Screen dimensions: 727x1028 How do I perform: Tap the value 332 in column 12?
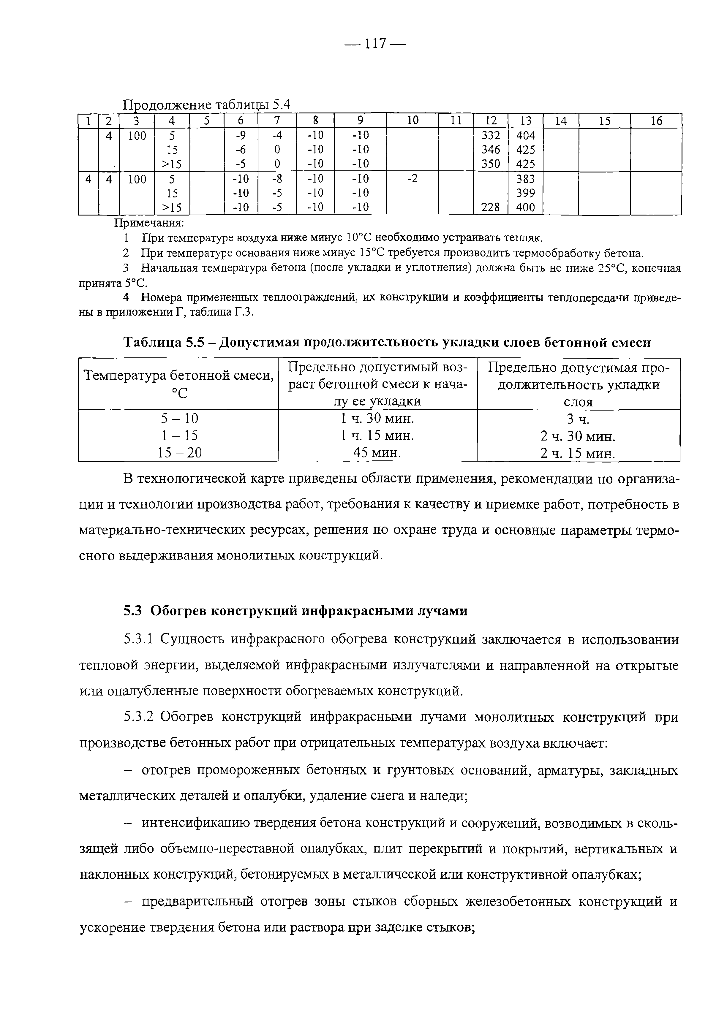tap(491, 135)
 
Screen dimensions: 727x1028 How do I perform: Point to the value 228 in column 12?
tap(491, 207)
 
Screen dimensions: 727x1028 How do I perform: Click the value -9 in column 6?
tap(241, 135)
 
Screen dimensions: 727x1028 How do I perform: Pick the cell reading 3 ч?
tap(578, 419)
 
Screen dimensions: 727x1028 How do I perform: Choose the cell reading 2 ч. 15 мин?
tap(578, 454)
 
